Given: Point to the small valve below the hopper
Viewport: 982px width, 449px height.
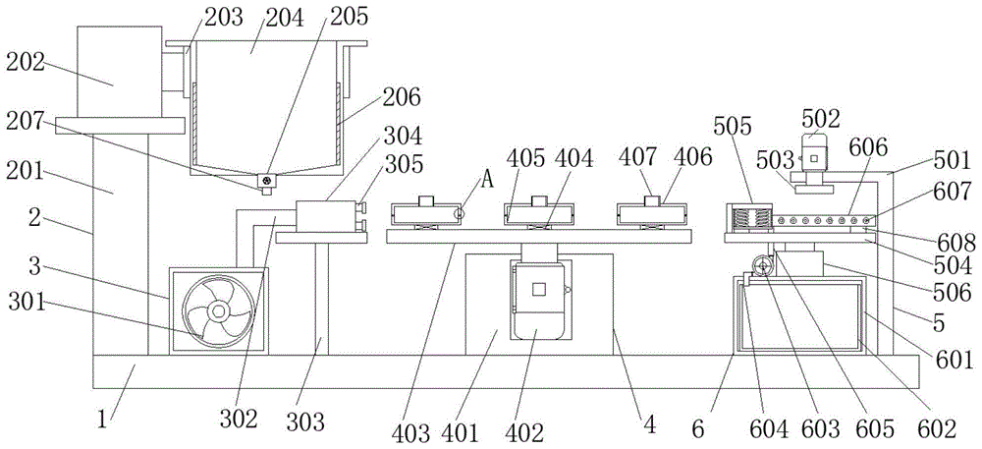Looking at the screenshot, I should [266, 182].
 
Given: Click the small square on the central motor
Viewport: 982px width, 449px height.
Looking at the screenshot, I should [537, 290].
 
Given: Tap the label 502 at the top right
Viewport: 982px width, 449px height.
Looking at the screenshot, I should [821, 119].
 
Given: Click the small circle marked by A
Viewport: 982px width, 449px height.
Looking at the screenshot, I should [457, 212].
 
